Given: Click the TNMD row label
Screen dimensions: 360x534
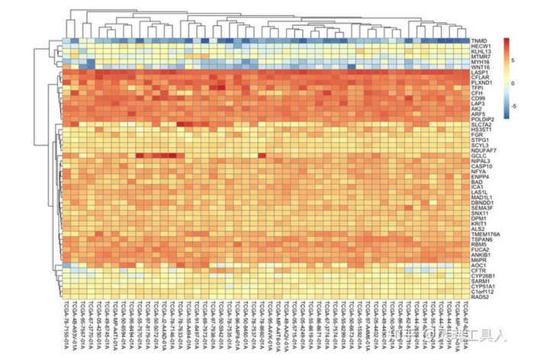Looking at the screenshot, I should pyautogui.click(x=479, y=40).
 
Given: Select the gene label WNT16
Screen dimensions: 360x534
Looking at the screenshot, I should pyautogui.click(x=480, y=67).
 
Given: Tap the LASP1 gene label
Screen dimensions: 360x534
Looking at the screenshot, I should pyautogui.click(x=479, y=72).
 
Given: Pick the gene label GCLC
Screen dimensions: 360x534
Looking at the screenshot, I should pyautogui.click(x=478, y=156).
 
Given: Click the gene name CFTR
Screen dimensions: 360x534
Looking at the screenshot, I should pyautogui.click(x=478, y=270).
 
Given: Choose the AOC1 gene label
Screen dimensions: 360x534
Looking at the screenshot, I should pyautogui.click(x=478, y=265).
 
